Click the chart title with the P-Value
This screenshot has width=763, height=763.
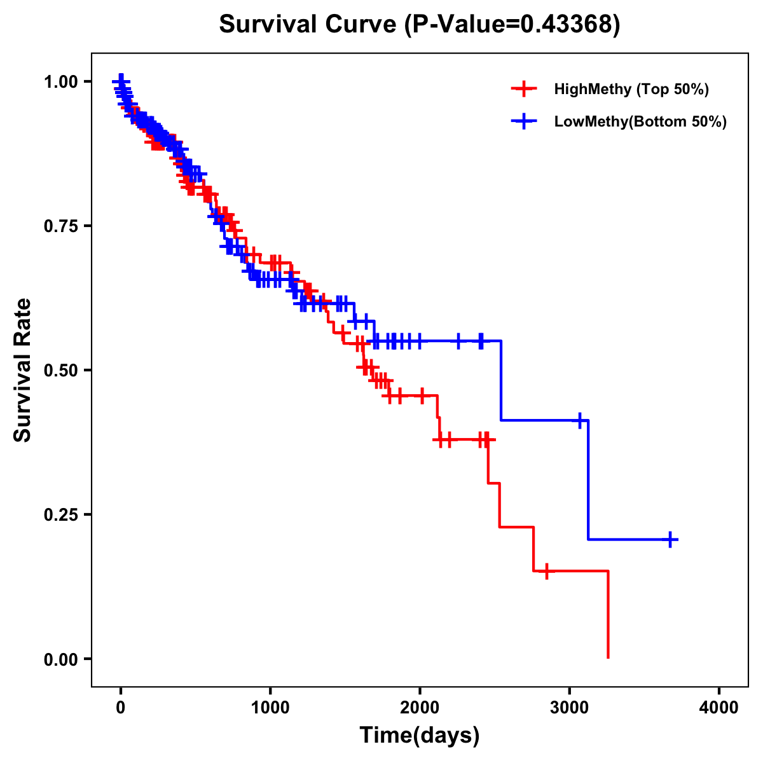pos(420,25)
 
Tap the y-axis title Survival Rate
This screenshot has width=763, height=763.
pos(23,369)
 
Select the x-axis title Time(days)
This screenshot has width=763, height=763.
pos(420,735)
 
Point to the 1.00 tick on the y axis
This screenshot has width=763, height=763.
pos(60,81)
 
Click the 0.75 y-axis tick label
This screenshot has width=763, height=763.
pos(60,226)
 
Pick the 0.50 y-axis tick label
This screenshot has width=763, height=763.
pos(60,370)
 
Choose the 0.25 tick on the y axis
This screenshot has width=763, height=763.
pos(60,514)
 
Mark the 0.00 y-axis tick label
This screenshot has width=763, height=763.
pos(60,659)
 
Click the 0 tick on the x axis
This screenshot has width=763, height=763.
pos(121,708)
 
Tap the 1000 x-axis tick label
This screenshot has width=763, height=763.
pos(270,708)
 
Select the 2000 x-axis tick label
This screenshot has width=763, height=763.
pos(420,708)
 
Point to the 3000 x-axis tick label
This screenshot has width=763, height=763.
pos(570,708)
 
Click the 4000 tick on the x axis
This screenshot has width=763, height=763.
pos(719,708)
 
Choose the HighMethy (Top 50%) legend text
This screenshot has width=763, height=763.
pos(631,89)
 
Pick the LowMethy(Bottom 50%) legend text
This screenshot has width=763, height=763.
pos(640,121)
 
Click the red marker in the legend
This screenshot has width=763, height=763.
pos(524,89)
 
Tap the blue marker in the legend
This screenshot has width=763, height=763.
pos(524,121)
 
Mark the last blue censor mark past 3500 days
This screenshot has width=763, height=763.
pos(670,540)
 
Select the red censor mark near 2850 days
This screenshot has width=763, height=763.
pos(546,571)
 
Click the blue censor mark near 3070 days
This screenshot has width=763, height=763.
pos(579,420)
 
